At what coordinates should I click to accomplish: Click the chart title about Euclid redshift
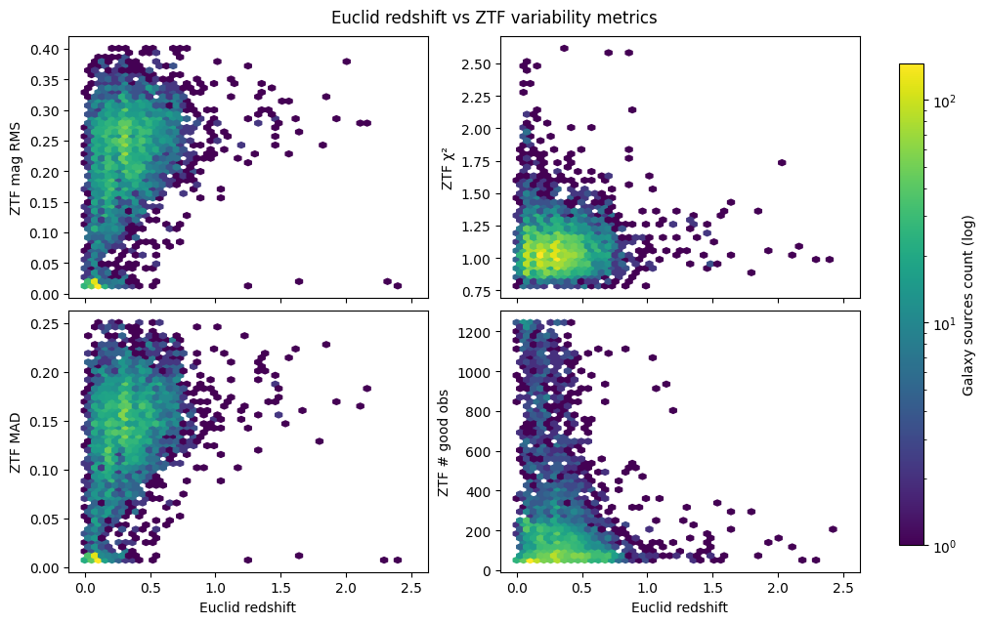pyautogui.click(x=493, y=18)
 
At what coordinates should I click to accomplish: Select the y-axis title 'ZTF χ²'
pyautogui.click(x=448, y=167)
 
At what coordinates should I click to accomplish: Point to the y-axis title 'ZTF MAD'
pyautogui.click(x=17, y=444)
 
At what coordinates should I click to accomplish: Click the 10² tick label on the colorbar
pyautogui.click(x=943, y=101)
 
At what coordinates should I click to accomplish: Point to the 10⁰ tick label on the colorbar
pyautogui.click(x=943, y=544)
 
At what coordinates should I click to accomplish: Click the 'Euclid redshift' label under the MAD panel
pyautogui.click(x=248, y=607)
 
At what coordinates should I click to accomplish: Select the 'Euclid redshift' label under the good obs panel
pyautogui.click(x=680, y=607)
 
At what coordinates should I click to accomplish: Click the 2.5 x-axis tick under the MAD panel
pyautogui.click(x=410, y=589)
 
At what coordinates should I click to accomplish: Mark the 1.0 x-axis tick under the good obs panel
pyautogui.click(x=647, y=589)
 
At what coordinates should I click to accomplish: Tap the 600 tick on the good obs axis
pyautogui.click(x=485, y=451)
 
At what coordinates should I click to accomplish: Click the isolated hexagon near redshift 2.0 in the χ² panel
pyautogui.click(x=781, y=163)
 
